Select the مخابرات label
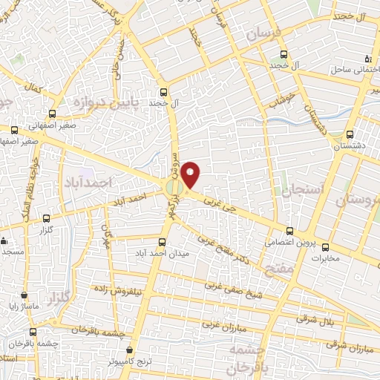coord(324,258)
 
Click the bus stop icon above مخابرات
coord(324,247)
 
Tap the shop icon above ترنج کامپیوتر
coord(131,349)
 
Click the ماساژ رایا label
coord(24,306)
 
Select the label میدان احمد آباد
coord(164,253)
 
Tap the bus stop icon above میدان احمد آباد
coord(163,242)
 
